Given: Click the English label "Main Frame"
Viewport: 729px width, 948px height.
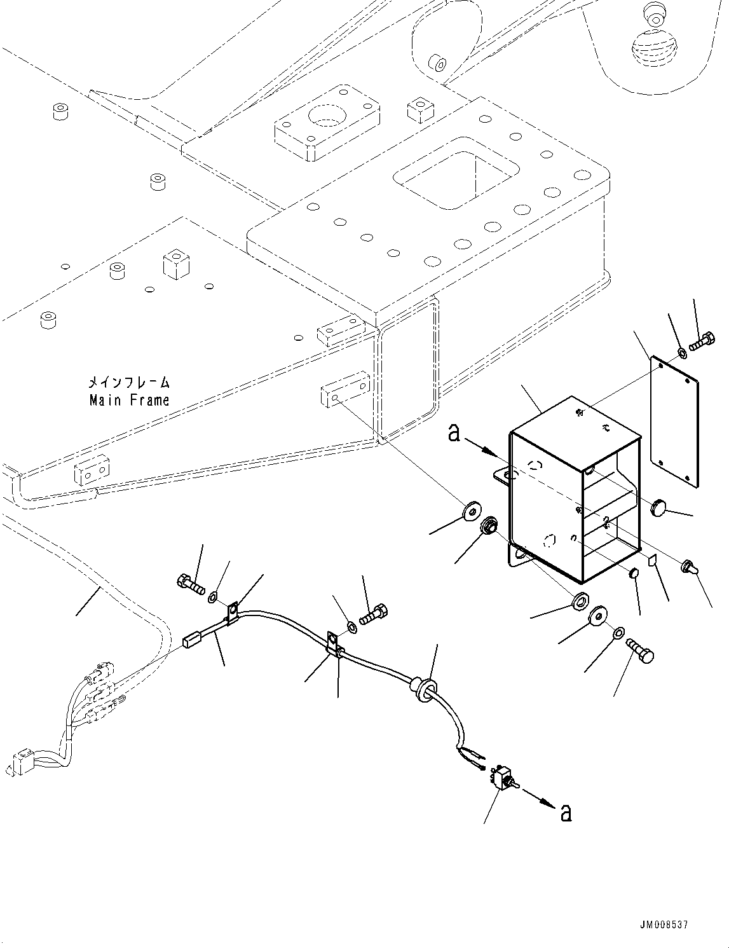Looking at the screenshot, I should click(x=130, y=400).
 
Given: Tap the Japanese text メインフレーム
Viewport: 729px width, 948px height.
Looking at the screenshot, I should click(x=129, y=383).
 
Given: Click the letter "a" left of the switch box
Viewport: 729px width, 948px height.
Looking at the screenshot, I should click(x=454, y=434).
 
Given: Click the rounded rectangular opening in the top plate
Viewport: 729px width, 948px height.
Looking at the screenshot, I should click(x=455, y=172).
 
